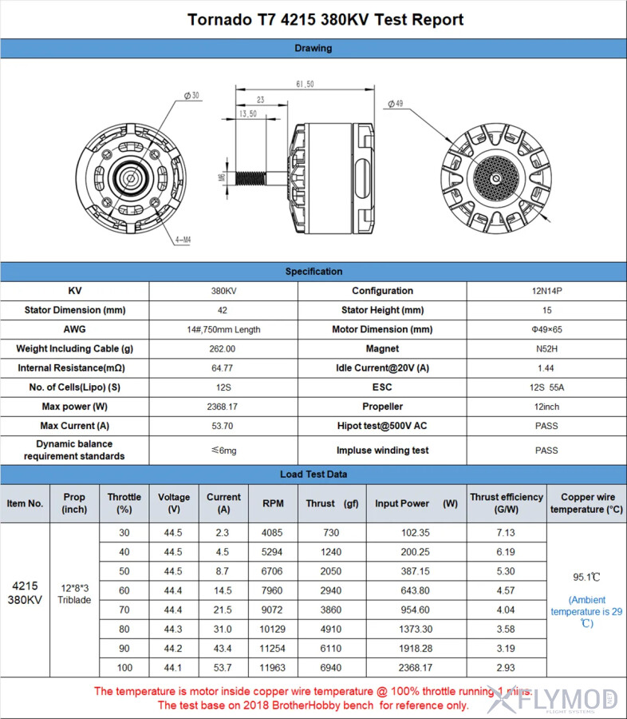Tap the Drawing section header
point(313,48)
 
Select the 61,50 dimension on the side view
point(304,84)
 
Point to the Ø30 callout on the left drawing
point(192,96)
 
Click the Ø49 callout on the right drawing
point(396,104)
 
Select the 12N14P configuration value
point(546,291)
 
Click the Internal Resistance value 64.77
point(223,368)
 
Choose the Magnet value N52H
point(546,349)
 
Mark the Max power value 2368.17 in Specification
point(223,407)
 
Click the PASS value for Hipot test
point(546,426)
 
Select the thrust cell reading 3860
point(331,610)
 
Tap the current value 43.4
point(223,649)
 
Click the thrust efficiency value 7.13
point(506,533)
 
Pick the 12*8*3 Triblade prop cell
point(74,594)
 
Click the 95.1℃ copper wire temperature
point(586,577)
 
